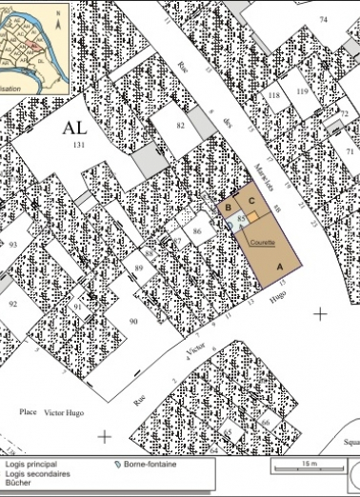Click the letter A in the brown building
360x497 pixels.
279,268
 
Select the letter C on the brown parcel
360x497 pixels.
251,202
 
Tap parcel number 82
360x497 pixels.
179,125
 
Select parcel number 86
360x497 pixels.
197,231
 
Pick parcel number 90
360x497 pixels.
133,323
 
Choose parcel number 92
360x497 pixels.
13,304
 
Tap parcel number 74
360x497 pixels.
323,19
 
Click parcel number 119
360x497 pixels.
302,91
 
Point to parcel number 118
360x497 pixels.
273,97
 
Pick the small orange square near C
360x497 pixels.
255,217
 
